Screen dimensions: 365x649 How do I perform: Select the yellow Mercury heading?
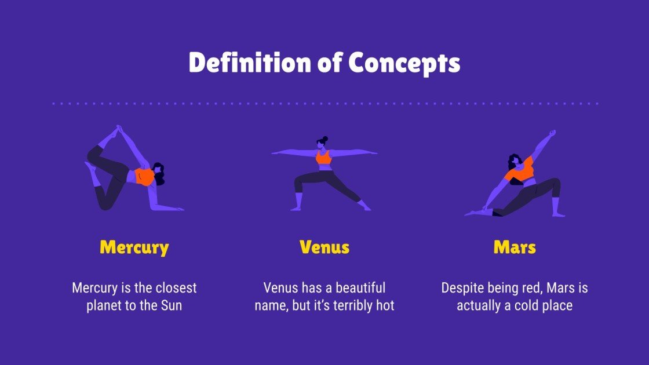[134, 247]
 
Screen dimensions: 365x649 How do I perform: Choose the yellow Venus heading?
[324, 247]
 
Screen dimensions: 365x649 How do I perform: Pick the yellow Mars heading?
[515, 247]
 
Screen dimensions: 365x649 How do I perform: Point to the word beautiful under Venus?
[357, 288]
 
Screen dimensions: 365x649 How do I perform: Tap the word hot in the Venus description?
[384, 305]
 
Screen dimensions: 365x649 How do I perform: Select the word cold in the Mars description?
[524, 305]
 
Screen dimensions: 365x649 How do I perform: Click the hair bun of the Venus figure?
[324, 139]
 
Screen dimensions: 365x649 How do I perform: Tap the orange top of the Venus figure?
[324, 157]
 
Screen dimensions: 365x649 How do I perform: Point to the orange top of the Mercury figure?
[143, 176]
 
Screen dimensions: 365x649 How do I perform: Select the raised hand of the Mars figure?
[552, 133]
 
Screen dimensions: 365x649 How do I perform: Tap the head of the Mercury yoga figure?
[158, 174]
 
